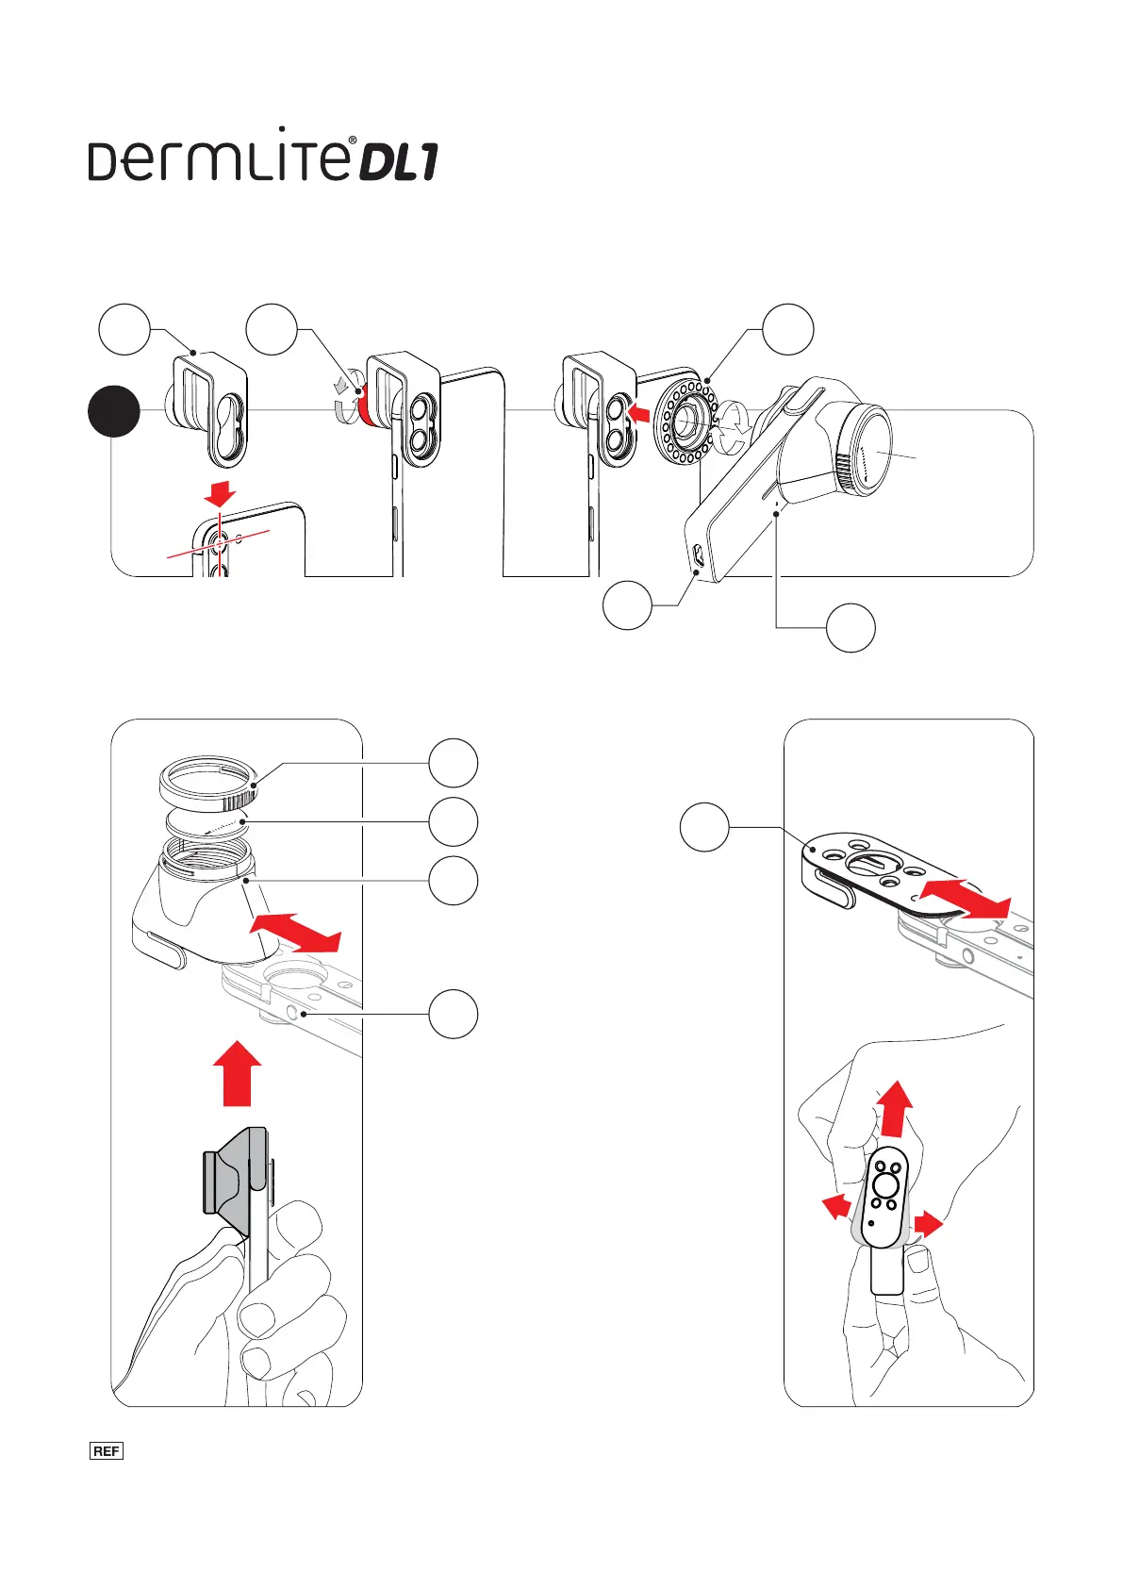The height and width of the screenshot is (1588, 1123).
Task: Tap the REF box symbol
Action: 107,1450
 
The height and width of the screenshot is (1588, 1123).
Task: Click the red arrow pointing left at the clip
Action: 639,412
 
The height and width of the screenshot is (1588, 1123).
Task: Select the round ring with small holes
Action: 687,422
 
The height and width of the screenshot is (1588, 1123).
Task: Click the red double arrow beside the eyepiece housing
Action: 295,933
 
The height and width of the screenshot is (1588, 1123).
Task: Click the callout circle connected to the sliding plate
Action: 704,827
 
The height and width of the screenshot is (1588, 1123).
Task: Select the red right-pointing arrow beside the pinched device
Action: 927,1225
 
